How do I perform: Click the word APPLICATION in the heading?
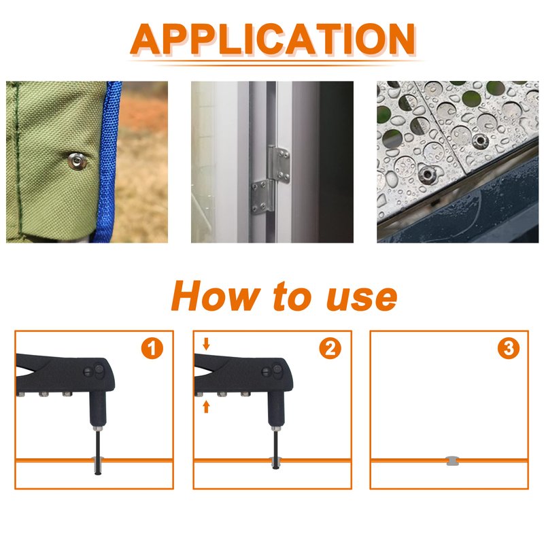click(273, 39)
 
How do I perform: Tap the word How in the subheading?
click(216, 296)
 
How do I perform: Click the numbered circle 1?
click(152, 348)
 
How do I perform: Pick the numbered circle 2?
click(330, 348)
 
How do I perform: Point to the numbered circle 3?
click(509, 348)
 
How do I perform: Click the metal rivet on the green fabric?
click(77, 161)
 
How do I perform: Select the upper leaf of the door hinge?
click(279, 165)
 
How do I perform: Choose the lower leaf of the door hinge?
click(262, 197)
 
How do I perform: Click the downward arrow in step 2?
click(206, 344)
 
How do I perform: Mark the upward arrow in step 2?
click(206, 406)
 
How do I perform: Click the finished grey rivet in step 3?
click(452, 461)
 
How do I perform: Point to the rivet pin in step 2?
click(276, 449)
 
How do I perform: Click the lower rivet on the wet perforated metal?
click(426, 175)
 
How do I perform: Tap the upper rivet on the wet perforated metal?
click(481, 141)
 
